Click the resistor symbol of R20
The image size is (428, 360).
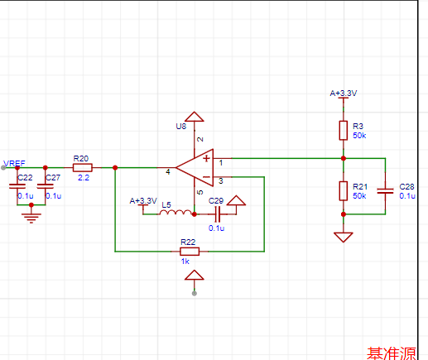coord(83,167)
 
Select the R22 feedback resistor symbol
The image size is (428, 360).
coord(190,252)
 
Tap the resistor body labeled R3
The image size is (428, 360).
coord(344,131)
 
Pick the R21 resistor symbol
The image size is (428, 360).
coord(344,190)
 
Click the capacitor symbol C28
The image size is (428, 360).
coord(385,190)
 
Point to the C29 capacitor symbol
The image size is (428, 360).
coord(218,214)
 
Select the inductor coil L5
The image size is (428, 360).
coord(176,213)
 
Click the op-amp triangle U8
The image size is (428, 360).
coord(195,167)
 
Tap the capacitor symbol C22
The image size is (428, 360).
coord(17,186)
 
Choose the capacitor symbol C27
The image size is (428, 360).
coord(46,186)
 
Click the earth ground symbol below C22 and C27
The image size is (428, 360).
coord(31,217)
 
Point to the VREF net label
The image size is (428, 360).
coord(14,163)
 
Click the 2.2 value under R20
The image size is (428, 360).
coord(84,178)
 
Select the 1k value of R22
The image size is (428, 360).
coord(185,262)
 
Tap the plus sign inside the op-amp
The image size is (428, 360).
coord(206,158)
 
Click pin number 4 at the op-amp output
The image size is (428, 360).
coord(168,172)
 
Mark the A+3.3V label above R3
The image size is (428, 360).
coord(344,94)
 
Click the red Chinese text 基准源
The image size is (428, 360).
coord(392,353)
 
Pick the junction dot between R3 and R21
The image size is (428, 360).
coord(344,158)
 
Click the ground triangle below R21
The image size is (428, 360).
coord(344,238)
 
